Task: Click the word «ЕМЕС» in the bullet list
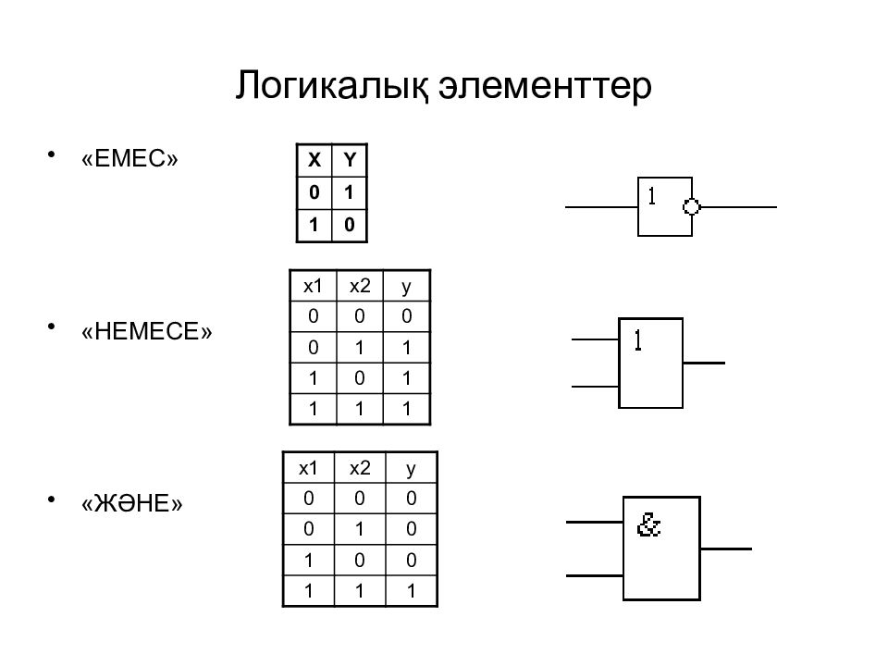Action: click(x=129, y=158)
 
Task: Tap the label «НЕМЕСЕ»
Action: click(x=147, y=331)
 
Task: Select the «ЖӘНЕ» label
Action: click(x=132, y=503)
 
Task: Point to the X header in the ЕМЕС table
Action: click(x=314, y=160)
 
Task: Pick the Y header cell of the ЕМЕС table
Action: click(x=350, y=160)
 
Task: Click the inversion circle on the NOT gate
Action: click(x=692, y=206)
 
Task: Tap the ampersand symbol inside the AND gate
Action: click(x=648, y=524)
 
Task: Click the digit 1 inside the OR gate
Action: click(x=638, y=340)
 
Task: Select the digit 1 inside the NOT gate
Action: click(x=652, y=196)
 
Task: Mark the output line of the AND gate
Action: click(x=726, y=549)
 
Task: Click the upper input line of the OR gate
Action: click(x=595, y=339)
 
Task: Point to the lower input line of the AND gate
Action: click(x=595, y=576)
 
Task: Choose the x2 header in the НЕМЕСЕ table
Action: click(x=360, y=286)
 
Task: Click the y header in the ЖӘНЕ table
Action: click(x=411, y=469)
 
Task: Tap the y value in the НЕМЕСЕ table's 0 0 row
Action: click(x=407, y=316)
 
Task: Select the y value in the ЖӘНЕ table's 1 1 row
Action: click(x=411, y=591)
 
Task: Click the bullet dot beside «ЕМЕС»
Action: click(x=52, y=154)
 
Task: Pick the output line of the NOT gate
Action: click(x=738, y=206)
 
